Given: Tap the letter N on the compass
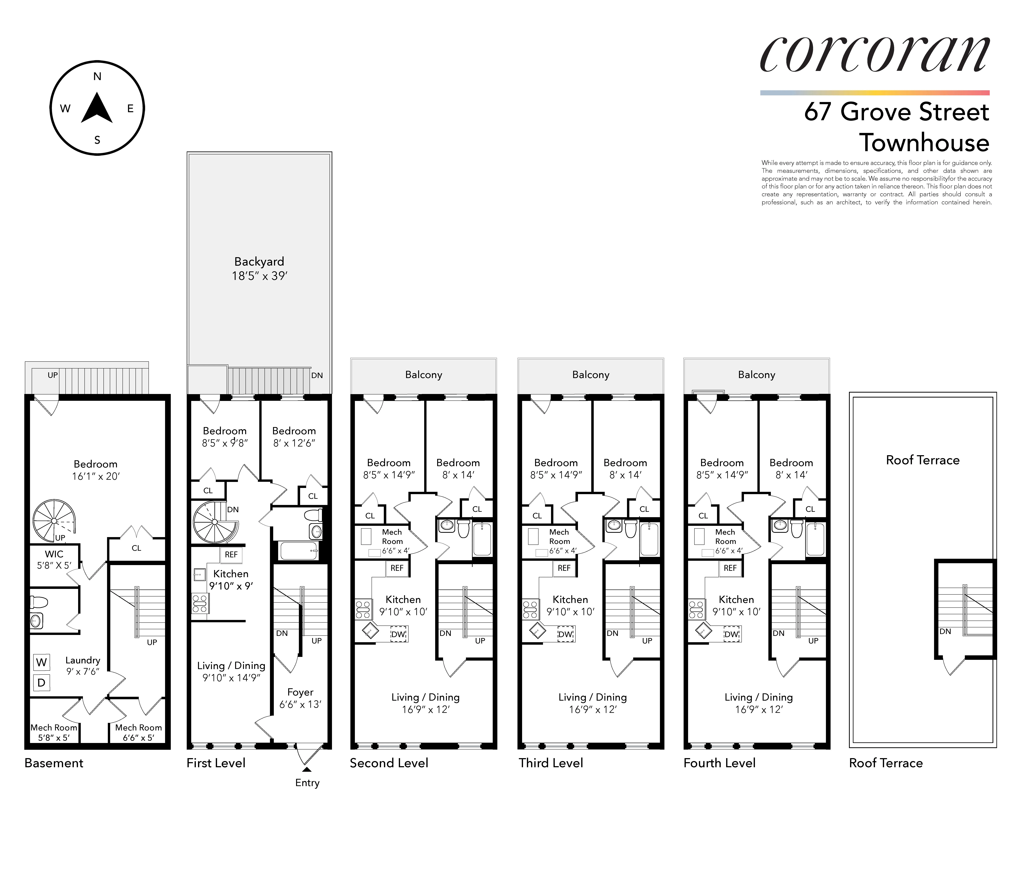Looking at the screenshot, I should pos(97,76).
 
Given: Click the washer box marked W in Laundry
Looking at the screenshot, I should pos(41,662).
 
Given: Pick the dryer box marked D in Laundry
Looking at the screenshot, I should pos(41,683).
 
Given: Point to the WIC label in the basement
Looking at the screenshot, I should pos(54,554).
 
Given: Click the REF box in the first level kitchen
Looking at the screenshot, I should pos(231,555).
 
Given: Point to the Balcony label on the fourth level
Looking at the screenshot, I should pos(756,375).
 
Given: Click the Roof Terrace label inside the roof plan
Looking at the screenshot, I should pos(922,460).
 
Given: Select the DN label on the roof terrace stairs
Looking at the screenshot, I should pos(945,631).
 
